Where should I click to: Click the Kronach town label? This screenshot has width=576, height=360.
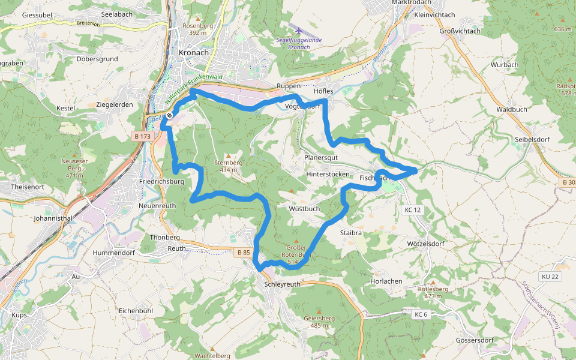pyautogui.click(x=194, y=52)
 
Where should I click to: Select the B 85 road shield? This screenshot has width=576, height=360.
pyautogui.click(x=244, y=253)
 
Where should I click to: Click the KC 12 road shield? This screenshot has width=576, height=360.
pyautogui.click(x=413, y=209)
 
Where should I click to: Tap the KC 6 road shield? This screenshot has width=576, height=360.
pyautogui.click(x=421, y=314)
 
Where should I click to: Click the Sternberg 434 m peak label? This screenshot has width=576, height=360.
pyautogui.click(x=229, y=166)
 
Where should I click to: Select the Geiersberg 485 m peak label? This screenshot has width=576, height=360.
pyautogui.click(x=319, y=322)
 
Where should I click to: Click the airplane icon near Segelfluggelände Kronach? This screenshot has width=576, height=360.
pyautogui.click(x=299, y=31)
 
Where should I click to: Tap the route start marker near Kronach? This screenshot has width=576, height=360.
pyautogui.click(x=170, y=115)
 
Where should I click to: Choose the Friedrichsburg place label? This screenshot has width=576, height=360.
pyautogui.click(x=160, y=181)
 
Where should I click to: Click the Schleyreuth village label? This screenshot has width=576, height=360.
pyautogui.click(x=282, y=284)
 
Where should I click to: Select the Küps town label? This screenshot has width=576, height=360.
pyautogui.click(x=20, y=314)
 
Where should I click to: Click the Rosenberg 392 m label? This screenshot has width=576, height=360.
pyautogui.click(x=198, y=29)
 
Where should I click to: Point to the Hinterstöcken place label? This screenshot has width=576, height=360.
pyautogui.click(x=328, y=174)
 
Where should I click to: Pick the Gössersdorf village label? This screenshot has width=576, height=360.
pyautogui.click(x=474, y=340)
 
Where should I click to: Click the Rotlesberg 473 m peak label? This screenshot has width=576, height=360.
pyautogui.click(x=433, y=292)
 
